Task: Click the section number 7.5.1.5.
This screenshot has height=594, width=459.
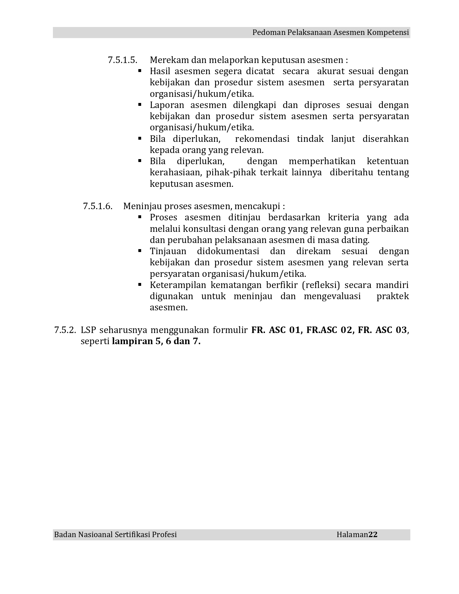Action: click(122, 60)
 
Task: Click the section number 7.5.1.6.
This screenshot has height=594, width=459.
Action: click(98, 206)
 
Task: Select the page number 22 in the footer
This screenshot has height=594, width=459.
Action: click(373, 535)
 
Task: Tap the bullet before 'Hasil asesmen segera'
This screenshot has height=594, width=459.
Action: click(140, 71)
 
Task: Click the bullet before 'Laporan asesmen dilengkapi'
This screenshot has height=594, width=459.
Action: click(140, 105)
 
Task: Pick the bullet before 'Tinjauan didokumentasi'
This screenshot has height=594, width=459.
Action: click(140, 251)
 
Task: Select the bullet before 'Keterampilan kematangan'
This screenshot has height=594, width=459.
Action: click(140, 285)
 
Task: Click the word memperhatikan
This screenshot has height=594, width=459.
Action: click(322, 161)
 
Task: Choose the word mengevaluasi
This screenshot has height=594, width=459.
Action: click(332, 296)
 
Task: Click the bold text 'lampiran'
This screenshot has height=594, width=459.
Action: click(132, 341)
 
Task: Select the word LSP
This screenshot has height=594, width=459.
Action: click(88, 330)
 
